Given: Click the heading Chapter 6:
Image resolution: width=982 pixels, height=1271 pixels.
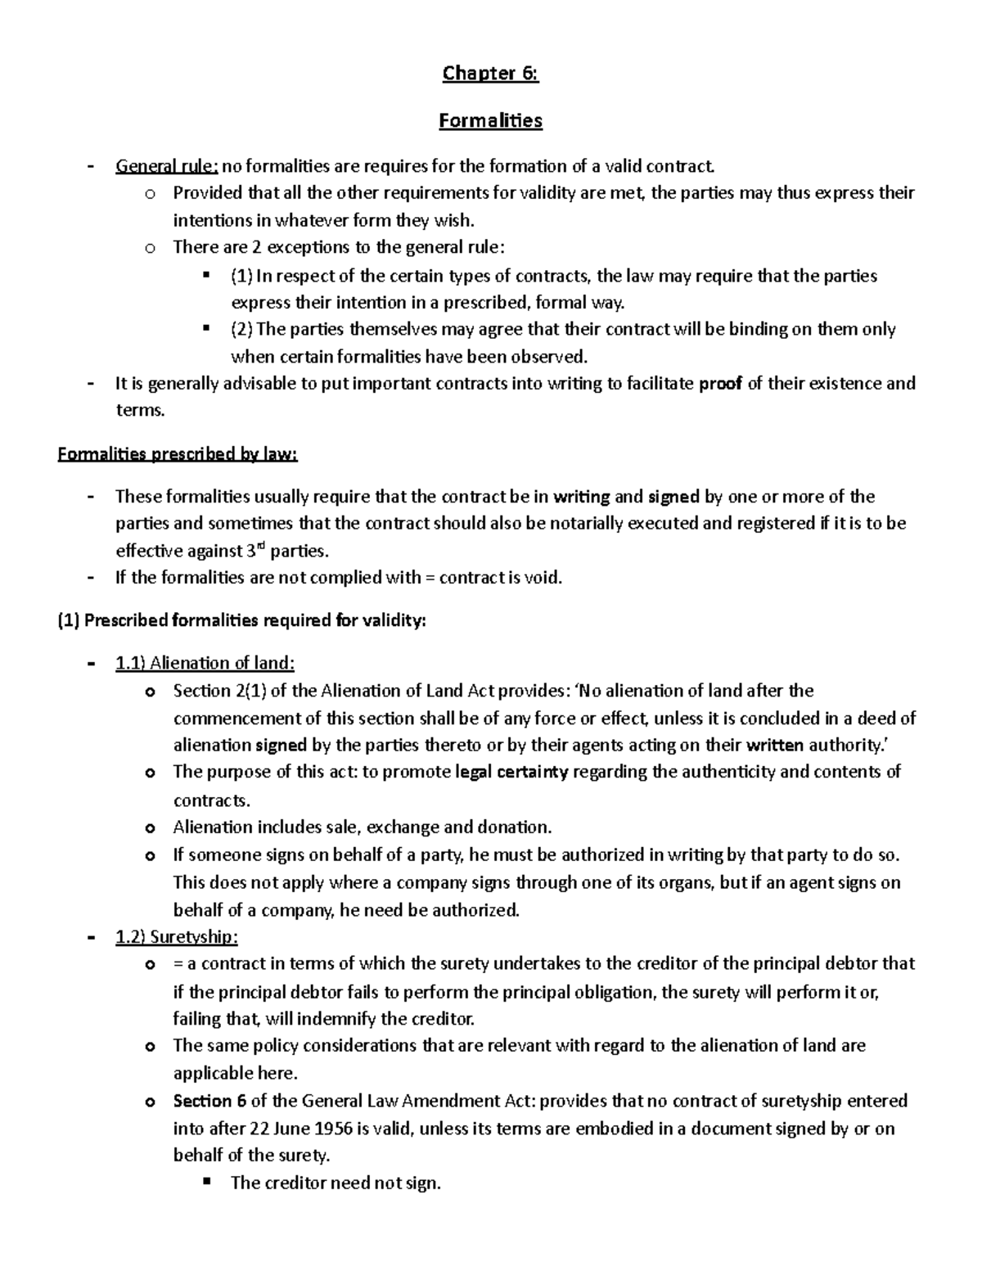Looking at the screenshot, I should coord(490,74).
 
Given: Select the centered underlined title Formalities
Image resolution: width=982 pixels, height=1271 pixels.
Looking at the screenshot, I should coord(490,121).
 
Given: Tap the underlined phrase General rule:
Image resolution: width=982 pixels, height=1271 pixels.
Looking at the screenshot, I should coord(166,167).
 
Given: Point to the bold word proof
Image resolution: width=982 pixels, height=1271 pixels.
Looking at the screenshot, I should coord(720,383).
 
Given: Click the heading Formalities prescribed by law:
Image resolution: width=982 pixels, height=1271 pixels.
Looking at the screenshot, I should coord(178,454).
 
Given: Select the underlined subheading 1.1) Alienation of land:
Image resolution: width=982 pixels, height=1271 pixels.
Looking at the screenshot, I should coord(205,663).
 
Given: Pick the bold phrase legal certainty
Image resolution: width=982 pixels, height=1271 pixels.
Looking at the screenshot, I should coord(511,772).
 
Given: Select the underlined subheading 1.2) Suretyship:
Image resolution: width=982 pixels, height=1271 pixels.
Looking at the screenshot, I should coord(177,936).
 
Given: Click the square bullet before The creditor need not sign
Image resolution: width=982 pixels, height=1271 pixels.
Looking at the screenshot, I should coord(205,1182).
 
